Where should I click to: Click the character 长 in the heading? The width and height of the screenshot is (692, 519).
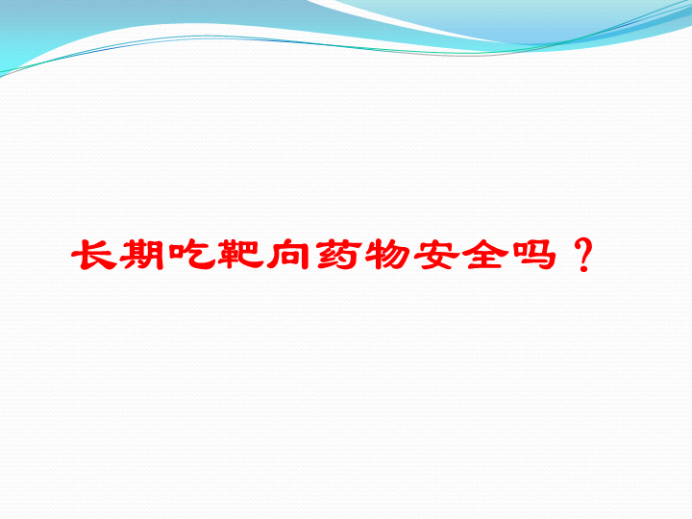click(94, 254)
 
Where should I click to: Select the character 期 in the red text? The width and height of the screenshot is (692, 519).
click(141, 255)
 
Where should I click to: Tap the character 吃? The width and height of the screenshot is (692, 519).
click(191, 254)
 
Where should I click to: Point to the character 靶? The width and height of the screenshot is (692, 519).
click(238, 254)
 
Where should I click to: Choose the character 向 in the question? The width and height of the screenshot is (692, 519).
click(287, 254)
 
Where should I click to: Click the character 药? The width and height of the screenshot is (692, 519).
click(336, 254)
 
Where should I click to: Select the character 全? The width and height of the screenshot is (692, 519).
click(482, 254)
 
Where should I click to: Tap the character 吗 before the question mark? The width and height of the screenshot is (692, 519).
click(531, 255)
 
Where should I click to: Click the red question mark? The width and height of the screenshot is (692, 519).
click(583, 255)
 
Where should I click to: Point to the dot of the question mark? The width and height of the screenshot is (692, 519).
click(583, 267)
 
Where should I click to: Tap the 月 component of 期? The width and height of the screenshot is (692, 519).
click(156, 255)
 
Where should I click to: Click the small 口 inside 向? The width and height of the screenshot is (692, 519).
click(287, 258)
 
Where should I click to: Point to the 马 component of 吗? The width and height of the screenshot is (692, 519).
click(540, 255)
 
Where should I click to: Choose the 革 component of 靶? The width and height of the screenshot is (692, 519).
click(227, 254)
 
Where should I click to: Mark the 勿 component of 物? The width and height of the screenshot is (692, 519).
click(395, 254)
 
